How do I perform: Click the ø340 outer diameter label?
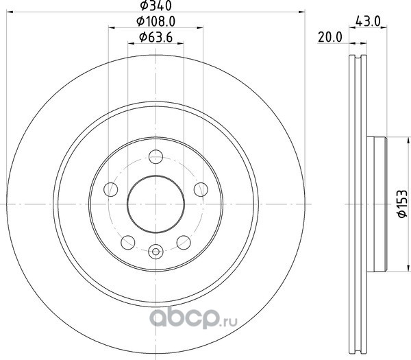coord(155,5)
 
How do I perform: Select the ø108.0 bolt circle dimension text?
coord(155,21)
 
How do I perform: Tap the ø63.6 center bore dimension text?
coord(155,37)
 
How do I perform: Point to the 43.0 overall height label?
coord(368,21)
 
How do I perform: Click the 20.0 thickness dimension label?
coord(330,37)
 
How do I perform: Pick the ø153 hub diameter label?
coord(402,204)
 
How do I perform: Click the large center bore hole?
coord(155,204)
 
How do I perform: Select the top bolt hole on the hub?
coord(155,156)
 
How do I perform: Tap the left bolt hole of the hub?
coord(111,189)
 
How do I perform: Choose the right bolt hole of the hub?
coord(201,189)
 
